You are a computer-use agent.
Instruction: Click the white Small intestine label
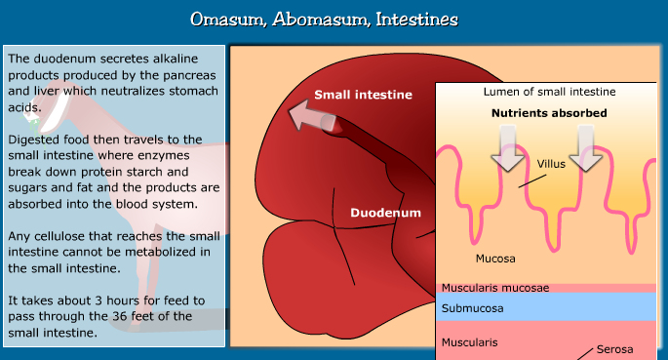(x=363, y=96)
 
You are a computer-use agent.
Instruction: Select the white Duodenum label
(x=386, y=212)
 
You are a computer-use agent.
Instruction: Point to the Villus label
(x=551, y=163)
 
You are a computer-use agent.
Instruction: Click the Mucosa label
(x=495, y=259)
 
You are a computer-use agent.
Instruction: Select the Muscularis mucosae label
(x=495, y=288)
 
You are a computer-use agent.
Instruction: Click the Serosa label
(x=613, y=349)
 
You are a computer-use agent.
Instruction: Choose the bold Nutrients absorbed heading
(x=549, y=113)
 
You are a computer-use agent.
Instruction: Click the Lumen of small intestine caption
(x=549, y=92)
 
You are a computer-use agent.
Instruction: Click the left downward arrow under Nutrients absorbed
(x=507, y=148)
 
